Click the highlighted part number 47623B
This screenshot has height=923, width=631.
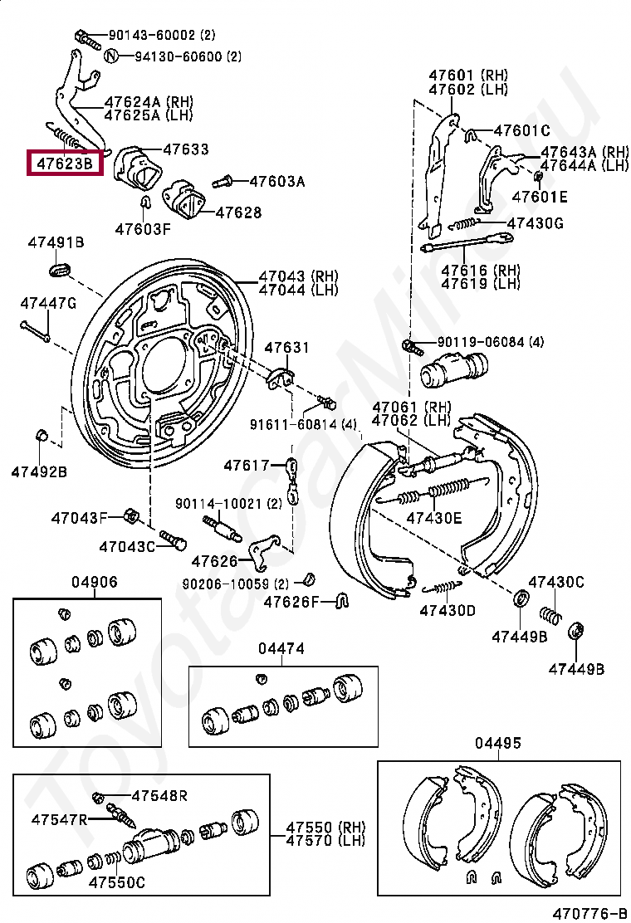point(65,163)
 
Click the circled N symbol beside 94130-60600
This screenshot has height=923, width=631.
point(110,56)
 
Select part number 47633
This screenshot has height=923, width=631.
point(186,149)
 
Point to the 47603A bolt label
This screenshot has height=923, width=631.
point(276,181)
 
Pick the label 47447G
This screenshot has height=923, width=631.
point(48,303)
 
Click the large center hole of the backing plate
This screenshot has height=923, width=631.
point(164,366)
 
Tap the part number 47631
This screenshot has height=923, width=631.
point(286,347)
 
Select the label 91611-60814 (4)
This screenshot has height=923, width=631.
point(303,423)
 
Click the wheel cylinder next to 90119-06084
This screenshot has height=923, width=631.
point(454,369)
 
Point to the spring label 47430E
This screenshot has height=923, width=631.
point(434,518)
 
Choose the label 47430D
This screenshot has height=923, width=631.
point(448,610)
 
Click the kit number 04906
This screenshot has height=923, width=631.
point(94,582)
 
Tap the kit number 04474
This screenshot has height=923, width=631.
point(281,648)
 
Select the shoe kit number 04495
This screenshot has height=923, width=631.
point(498,743)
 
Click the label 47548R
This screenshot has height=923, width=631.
point(159,795)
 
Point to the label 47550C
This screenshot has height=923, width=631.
point(116,881)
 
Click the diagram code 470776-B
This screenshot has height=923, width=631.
point(589,913)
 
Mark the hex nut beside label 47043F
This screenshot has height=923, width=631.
point(132,517)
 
